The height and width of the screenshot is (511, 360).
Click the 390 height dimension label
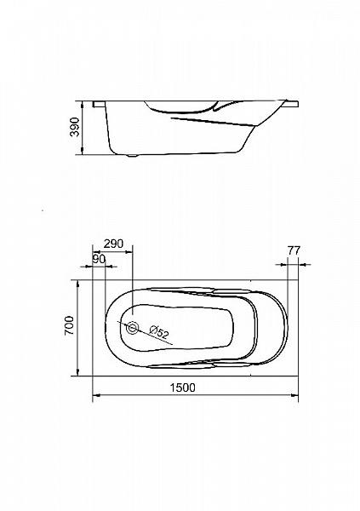75,128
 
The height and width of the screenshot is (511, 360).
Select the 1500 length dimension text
183,388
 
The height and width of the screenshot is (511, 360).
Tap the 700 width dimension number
70,325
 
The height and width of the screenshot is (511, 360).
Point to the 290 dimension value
114,244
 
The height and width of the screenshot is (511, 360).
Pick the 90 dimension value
99,260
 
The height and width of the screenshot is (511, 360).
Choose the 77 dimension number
294,250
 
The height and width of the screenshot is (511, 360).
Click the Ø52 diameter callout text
159,332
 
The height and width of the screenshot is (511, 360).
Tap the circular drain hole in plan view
133,328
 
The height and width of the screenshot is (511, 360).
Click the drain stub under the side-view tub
133,156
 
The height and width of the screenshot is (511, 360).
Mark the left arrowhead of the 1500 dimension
96,395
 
